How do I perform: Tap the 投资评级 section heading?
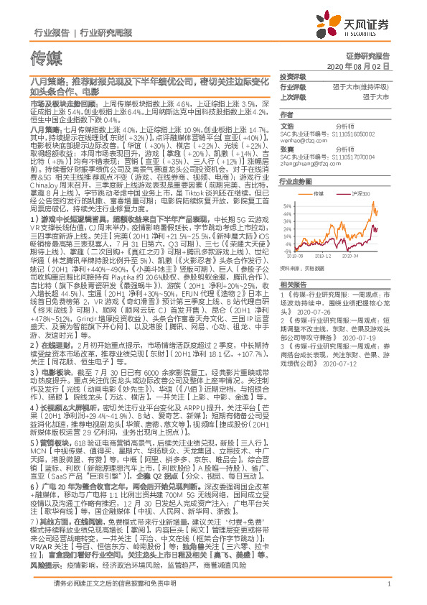(293, 76)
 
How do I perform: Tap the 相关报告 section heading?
(293, 285)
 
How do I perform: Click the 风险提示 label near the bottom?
(45, 566)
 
